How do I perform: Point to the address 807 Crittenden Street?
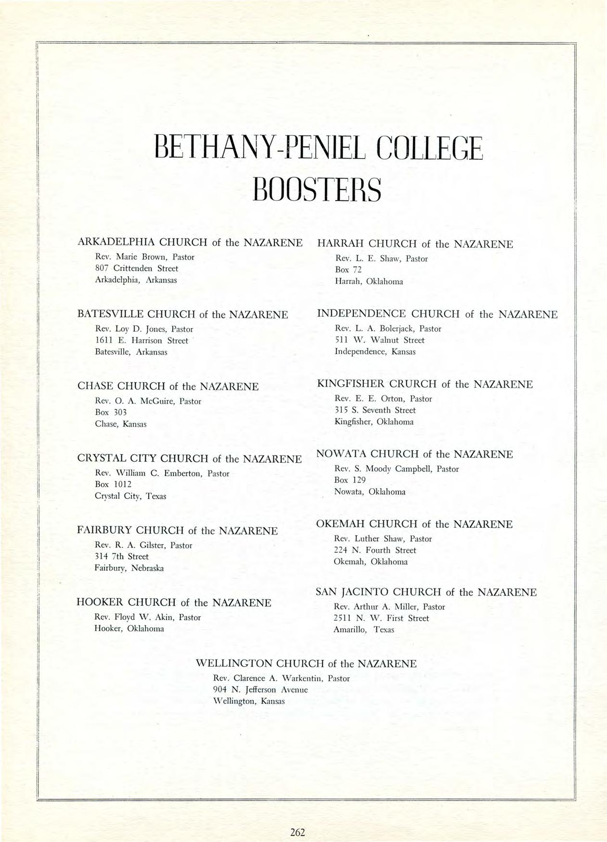click(x=137, y=268)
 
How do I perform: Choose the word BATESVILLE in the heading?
click(x=110, y=315)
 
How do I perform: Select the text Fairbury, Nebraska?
click(x=129, y=568)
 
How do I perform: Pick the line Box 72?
click(x=348, y=270)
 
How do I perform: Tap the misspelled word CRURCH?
click(x=413, y=384)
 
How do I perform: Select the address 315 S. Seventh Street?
click(x=375, y=410)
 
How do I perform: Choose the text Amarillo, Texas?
click(x=363, y=629)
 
